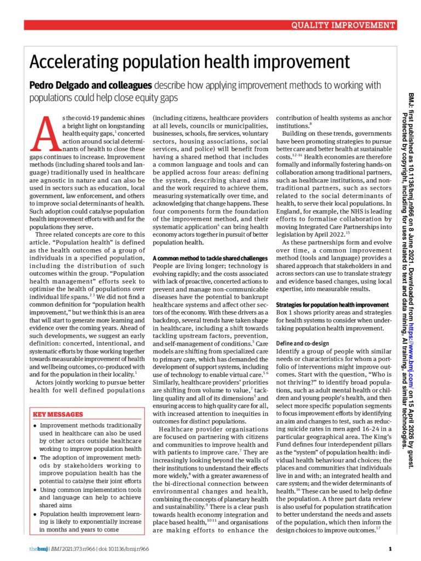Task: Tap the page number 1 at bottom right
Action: [x=390, y=548]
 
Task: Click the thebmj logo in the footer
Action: [x=38, y=548]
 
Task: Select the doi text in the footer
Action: [x=117, y=548]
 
